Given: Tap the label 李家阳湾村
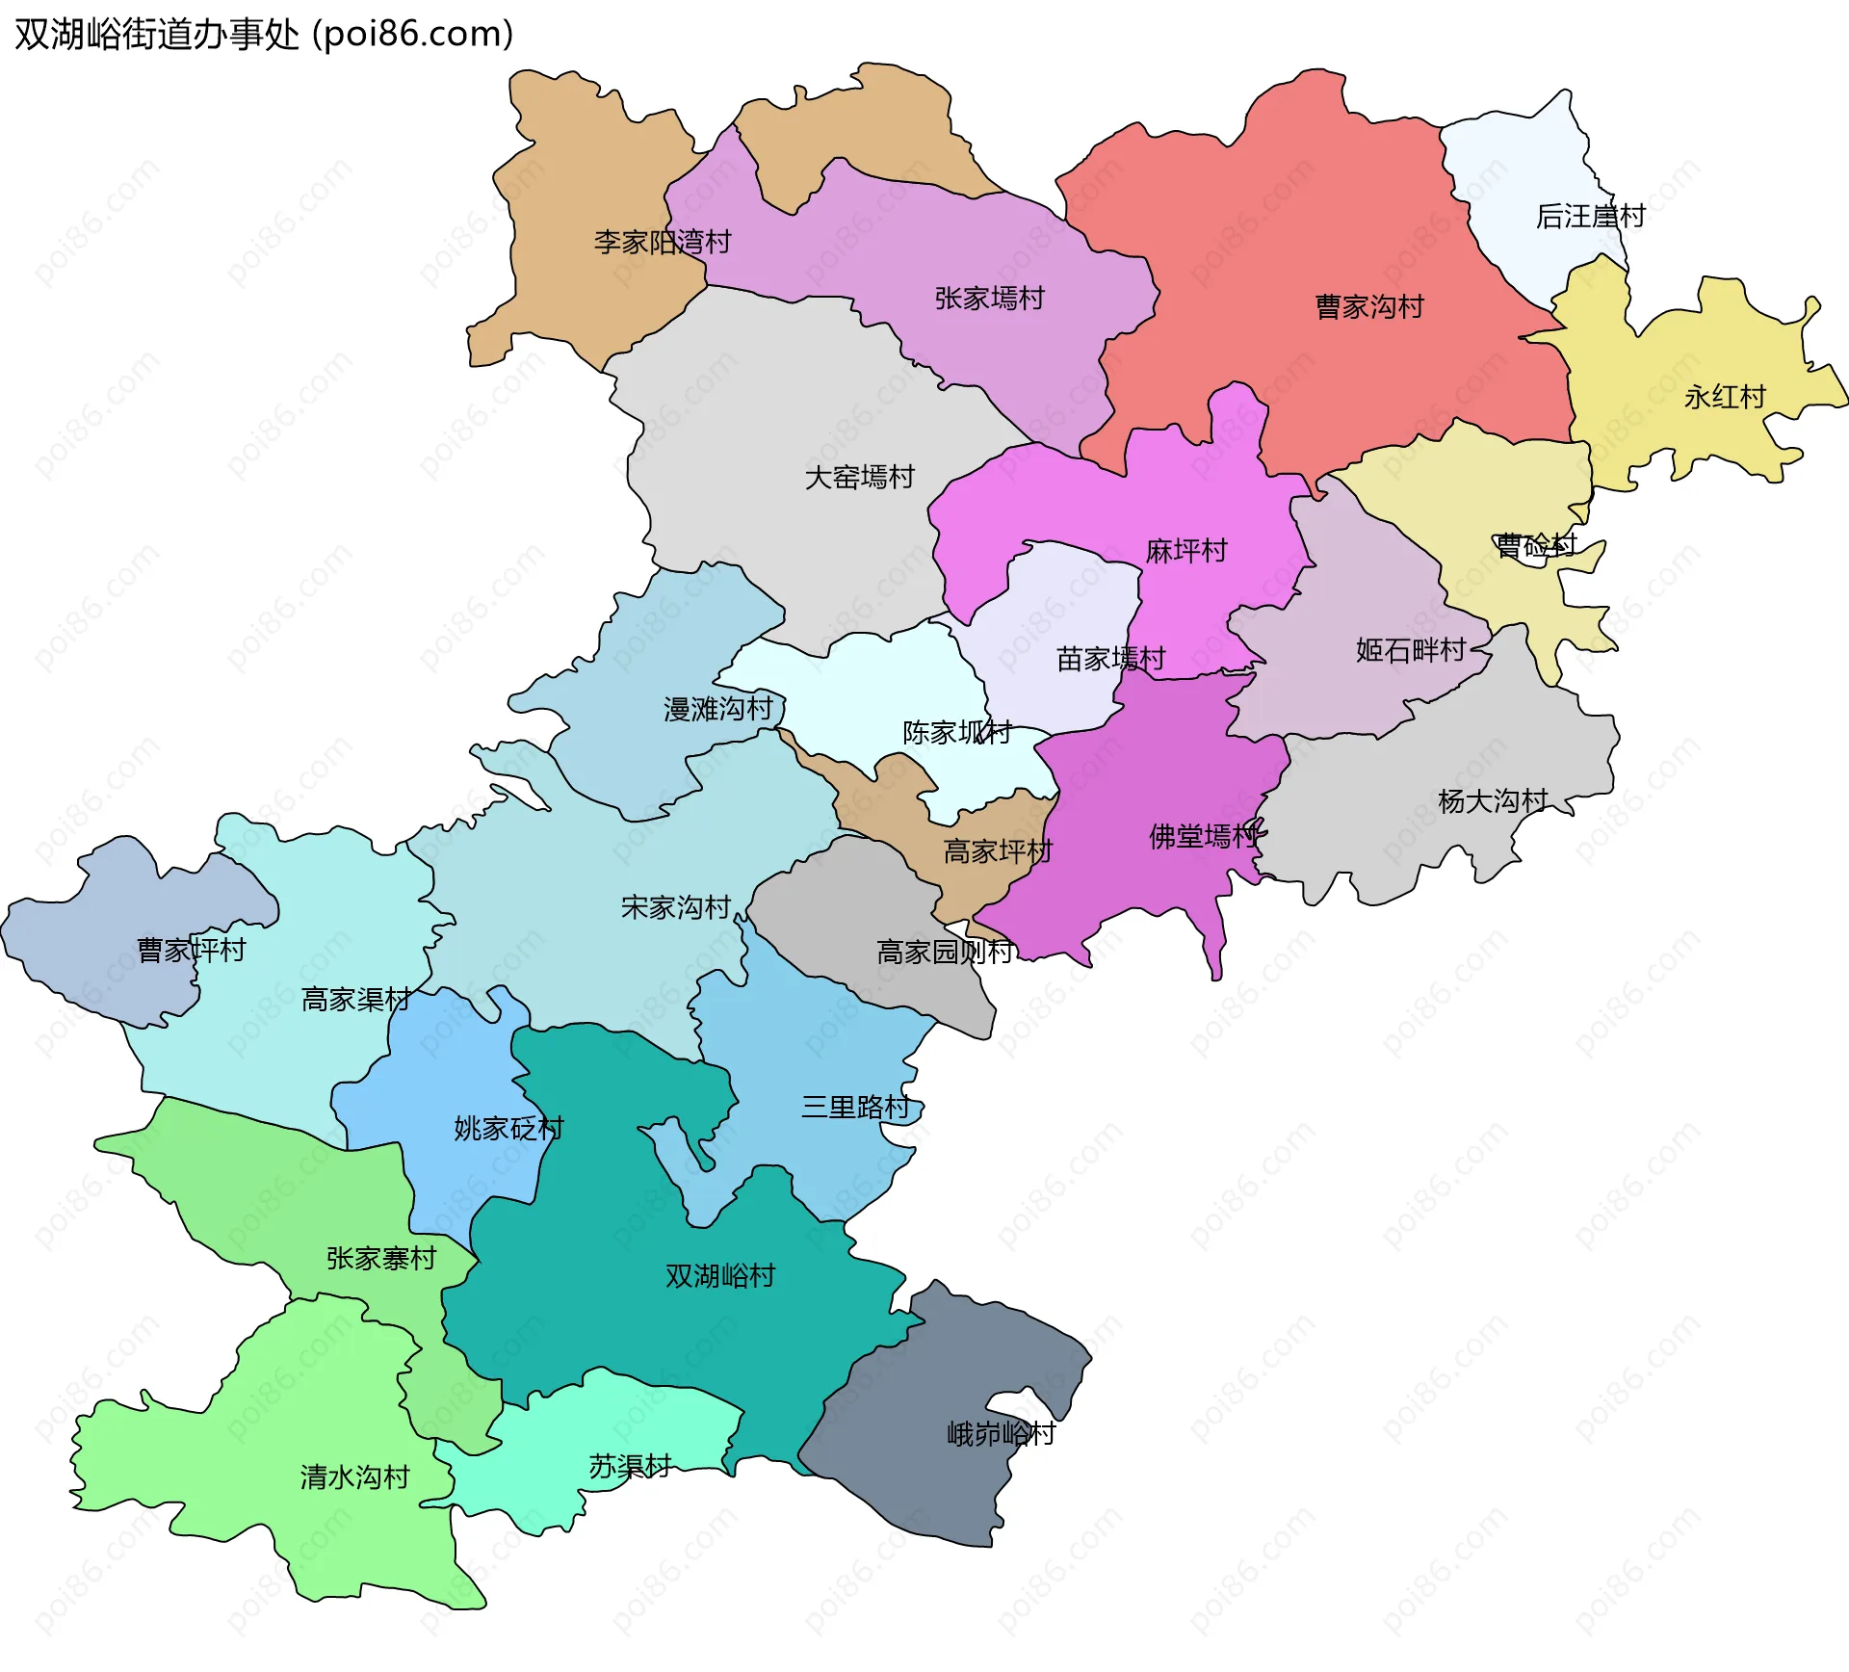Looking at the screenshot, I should tap(663, 242).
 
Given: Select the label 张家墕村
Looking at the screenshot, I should tap(989, 299).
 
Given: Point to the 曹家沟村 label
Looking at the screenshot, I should tap(1369, 307).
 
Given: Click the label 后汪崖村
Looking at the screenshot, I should tap(1590, 217).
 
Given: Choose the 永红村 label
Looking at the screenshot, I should tap(1725, 397).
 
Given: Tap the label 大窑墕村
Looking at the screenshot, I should tap(859, 477).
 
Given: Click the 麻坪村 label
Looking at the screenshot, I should tap(1186, 551).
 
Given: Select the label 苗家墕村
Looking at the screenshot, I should tap(1110, 659).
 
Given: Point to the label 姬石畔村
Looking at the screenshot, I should tap(1411, 650).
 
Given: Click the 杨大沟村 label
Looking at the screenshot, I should tap(1493, 800).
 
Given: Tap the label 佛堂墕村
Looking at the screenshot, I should tap(1204, 836).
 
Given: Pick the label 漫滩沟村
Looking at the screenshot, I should tap(718, 710).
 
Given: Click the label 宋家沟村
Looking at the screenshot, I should tap(676, 907).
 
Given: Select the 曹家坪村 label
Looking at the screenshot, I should tap(192, 951).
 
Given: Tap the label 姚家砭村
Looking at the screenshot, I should tap(508, 1128).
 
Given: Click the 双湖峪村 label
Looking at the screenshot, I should tap(720, 1276).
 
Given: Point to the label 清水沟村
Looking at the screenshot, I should tap(354, 1476).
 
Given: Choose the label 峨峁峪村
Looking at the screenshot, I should tap(1002, 1434).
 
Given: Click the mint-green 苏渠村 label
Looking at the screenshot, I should tap(630, 1467).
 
